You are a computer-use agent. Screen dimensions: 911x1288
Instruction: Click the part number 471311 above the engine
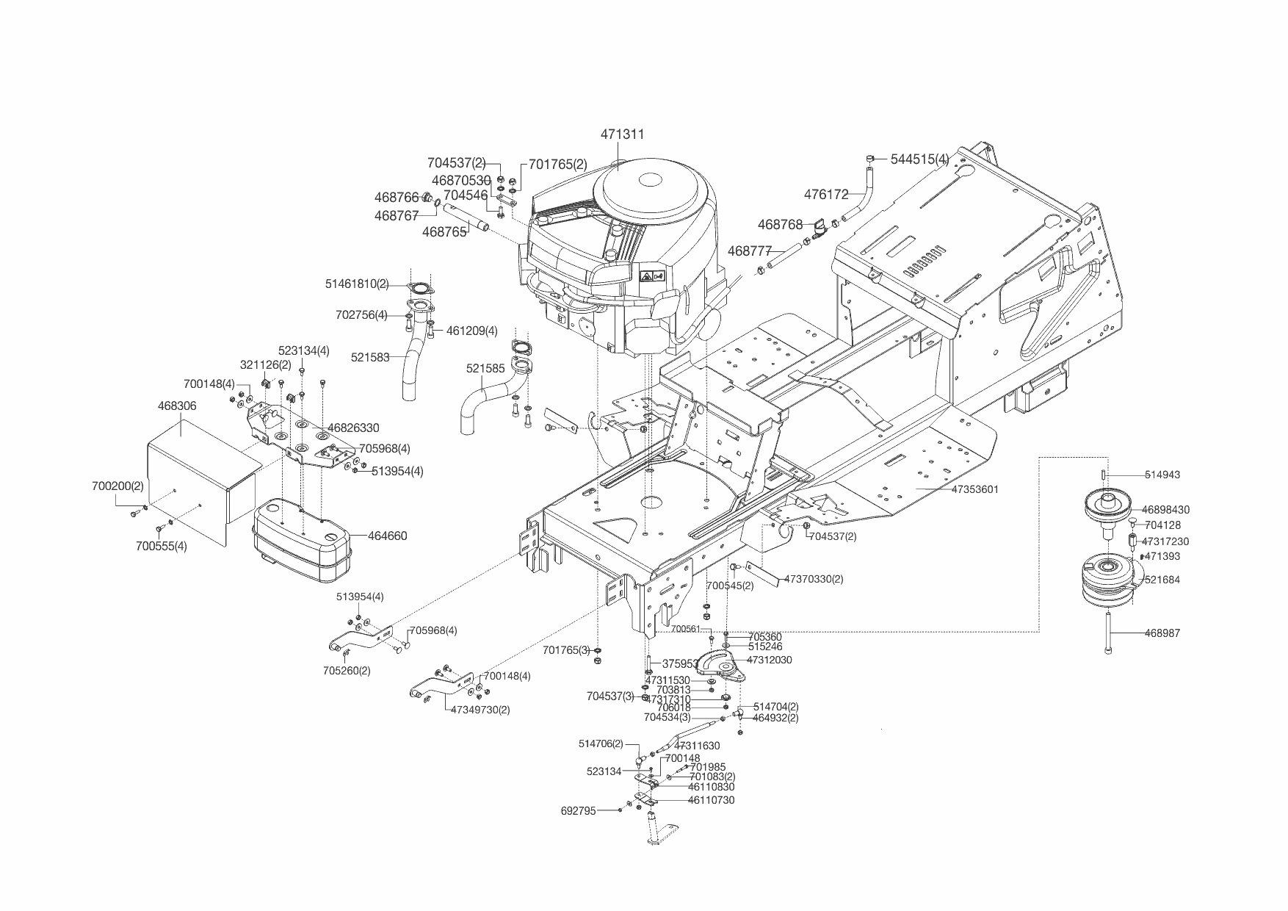click(622, 134)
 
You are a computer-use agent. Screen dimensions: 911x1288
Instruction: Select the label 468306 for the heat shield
click(177, 406)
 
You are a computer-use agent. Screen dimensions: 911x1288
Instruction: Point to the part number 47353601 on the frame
click(974, 489)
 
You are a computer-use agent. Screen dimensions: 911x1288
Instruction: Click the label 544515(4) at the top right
click(919, 159)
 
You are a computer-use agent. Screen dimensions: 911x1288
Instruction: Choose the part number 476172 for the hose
click(826, 195)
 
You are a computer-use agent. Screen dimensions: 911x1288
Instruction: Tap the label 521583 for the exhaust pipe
click(370, 358)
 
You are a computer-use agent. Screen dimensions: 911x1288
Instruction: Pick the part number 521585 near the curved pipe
click(485, 368)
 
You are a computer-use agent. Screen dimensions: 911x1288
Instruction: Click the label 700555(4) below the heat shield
click(161, 546)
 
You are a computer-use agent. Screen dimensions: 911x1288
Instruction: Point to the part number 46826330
click(353, 428)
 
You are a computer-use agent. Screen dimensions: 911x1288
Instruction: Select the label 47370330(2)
click(814, 579)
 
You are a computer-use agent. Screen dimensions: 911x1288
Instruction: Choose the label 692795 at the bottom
click(579, 811)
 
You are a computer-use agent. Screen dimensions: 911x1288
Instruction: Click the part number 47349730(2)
click(480, 710)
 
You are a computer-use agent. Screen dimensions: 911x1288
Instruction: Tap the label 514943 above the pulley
click(1162, 475)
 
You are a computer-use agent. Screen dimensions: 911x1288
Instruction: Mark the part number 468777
click(750, 251)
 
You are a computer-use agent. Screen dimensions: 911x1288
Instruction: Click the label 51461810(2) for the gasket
click(357, 284)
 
